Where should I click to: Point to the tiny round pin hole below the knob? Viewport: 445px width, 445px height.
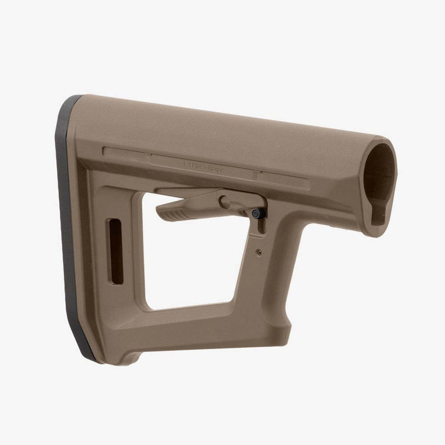pos(259,252)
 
